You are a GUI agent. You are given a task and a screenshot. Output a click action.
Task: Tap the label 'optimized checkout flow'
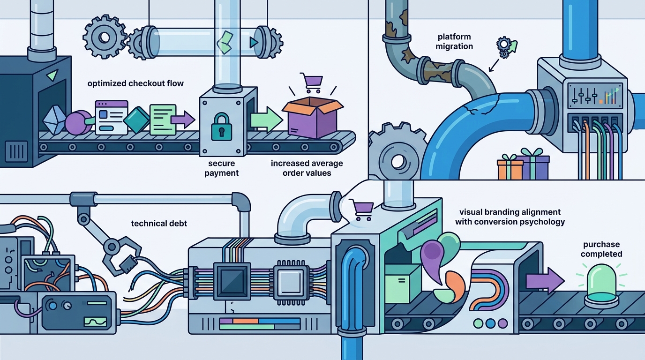tap(135, 83)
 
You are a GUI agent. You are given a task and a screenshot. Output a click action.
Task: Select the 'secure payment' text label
tap(221, 168)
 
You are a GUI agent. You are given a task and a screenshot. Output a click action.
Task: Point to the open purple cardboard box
tap(312, 117)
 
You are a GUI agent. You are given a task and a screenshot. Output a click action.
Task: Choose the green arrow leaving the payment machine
tap(266, 120)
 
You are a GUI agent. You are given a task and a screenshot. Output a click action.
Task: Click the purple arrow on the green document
tap(182, 120)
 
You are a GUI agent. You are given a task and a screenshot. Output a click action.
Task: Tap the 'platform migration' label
tap(454, 41)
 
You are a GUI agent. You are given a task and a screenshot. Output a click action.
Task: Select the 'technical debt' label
tap(159, 224)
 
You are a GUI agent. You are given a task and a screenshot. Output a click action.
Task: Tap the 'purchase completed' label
tap(601, 249)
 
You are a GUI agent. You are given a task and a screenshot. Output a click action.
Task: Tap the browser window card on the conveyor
tap(112, 117)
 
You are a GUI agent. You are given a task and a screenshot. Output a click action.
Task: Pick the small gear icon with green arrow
tap(506, 47)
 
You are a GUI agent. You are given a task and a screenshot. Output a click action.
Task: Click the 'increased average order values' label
tap(307, 168)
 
